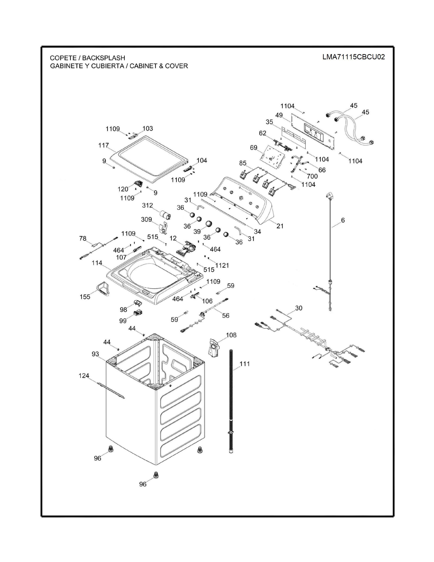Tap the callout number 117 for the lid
pos(104,145)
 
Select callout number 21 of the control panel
pos(280,226)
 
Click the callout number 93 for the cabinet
pos(95,354)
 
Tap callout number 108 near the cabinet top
pos(231,335)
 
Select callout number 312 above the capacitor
pos(147,205)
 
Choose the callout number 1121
pos(222,265)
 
